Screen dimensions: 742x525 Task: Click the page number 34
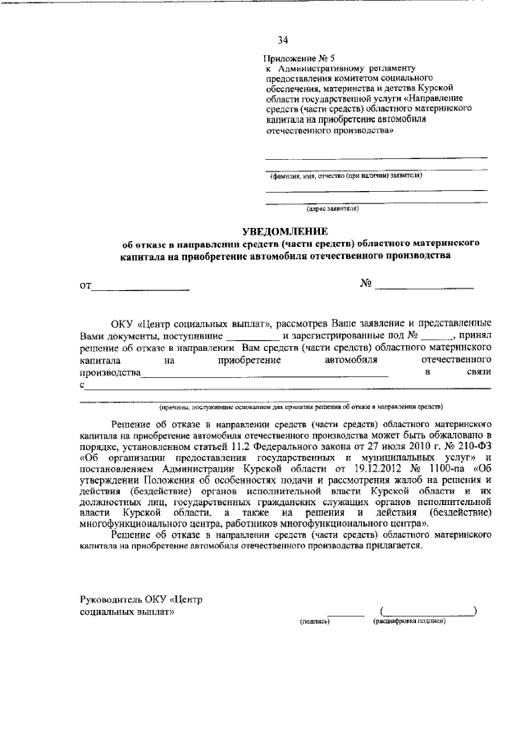[x=283, y=39]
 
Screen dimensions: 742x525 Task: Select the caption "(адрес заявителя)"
[x=332, y=208]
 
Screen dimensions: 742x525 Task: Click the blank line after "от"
[x=140, y=286]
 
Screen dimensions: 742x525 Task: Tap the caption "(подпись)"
[x=314, y=622]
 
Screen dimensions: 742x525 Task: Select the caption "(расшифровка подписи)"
[x=409, y=622]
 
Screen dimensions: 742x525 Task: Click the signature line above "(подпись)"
[x=345, y=613]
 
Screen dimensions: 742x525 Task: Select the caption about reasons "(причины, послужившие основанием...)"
[x=301, y=406]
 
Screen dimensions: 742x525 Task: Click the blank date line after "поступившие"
[x=253, y=335]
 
